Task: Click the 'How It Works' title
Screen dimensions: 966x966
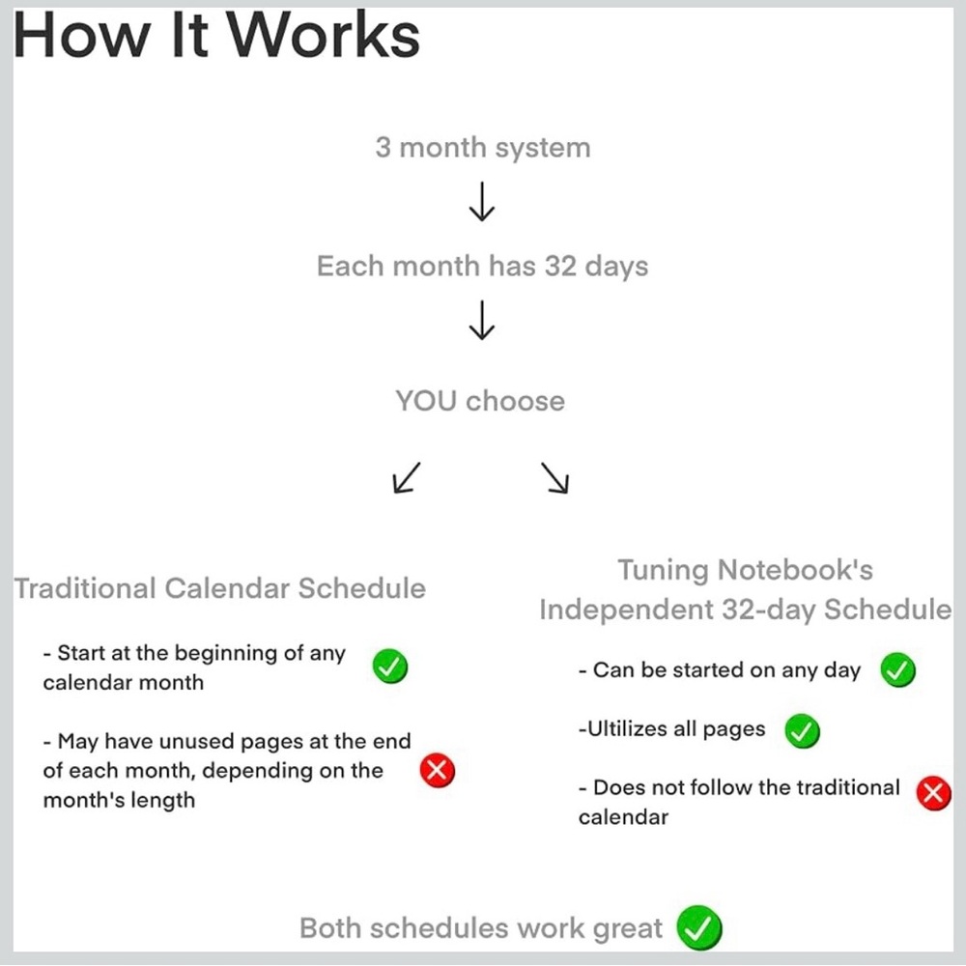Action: coord(216,35)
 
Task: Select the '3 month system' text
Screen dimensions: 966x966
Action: coord(483,147)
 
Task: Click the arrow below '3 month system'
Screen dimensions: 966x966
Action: coord(482,201)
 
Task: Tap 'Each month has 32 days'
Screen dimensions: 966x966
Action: coord(482,267)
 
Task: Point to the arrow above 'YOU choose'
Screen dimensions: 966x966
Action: coord(482,320)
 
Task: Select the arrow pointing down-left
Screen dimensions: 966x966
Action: coord(407,477)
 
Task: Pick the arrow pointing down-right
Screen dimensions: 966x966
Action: coord(555,477)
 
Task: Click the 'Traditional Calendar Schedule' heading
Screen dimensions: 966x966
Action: coord(220,587)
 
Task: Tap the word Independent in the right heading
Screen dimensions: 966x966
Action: coord(627,610)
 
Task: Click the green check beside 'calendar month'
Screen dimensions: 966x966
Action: coord(390,667)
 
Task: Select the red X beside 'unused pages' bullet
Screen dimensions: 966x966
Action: coord(438,771)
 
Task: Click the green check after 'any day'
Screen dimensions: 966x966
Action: coord(897,669)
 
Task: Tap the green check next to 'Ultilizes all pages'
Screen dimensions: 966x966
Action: coord(802,731)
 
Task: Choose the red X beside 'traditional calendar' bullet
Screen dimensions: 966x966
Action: coord(933,793)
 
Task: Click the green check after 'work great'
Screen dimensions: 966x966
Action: coord(699,927)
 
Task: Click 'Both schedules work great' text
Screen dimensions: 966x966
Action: coord(481,927)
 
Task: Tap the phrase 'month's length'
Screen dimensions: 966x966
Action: coord(119,800)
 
